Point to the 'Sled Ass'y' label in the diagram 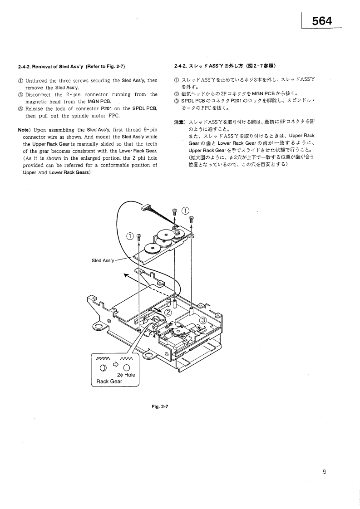(102, 260)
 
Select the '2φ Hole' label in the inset (126, 375)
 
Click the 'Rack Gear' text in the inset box (109, 382)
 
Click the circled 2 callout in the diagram (168, 312)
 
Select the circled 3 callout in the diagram (203, 320)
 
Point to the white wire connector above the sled (147, 208)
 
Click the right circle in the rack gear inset (127, 367)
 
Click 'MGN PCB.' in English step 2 (100, 101)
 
